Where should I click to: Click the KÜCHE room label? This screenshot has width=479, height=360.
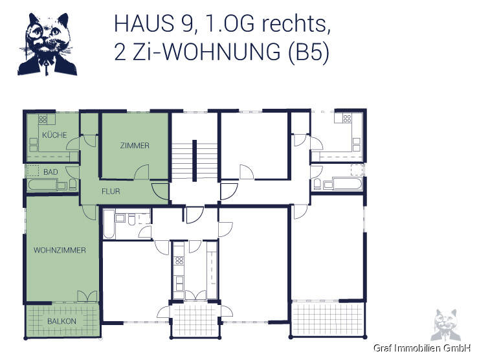pyautogui.click(x=50, y=134)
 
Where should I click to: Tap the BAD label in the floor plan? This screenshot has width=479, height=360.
pyautogui.click(x=50, y=172)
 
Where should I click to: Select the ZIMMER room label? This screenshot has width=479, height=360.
pyautogui.click(x=135, y=146)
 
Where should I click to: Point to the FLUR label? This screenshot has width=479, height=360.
pyautogui.click(x=110, y=192)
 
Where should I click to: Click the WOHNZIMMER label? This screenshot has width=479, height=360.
pyautogui.click(x=60, y=250)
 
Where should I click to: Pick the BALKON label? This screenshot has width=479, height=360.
pyautogui.click(x=61, y=322)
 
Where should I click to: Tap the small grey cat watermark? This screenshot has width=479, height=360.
pyautogui.click(x=446, y=324)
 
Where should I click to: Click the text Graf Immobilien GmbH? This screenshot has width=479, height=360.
pyautogui.click(x=421, y=348)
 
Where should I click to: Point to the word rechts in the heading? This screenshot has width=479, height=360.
pyautogui.click(x=297, y=25)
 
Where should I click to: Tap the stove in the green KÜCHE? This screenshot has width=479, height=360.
pyautogui.click(x=43, y=119)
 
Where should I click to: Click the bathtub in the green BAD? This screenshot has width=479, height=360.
pyautogui.click(x=42, y=186)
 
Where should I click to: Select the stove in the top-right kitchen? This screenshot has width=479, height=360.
pyautogui.click(x=346, y=118)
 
